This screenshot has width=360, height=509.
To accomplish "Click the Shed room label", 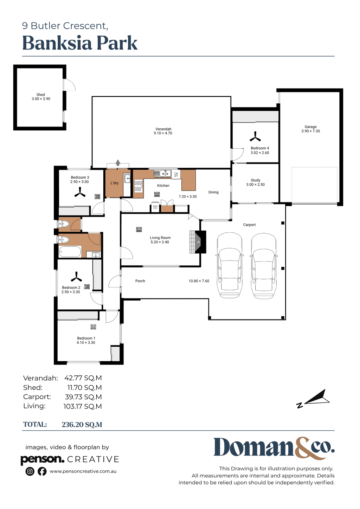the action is pyautogui.click(x=41, y=95).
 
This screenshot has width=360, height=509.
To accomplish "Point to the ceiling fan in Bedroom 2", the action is pyautogui.click(x=76, y=277).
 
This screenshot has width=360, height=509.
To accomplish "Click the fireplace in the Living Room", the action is pyautogui.click(x=198, y=242).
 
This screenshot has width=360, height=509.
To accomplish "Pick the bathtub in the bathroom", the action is pyautogui.click(x=70, y=252).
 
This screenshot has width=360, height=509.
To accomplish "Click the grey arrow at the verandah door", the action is pyautogui.click(x=118, y=163).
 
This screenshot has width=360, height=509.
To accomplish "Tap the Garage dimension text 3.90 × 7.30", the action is pyautogui.click(x=311, y=131).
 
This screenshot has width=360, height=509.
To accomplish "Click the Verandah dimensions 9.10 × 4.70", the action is pyautogui.click(x=163, y=133).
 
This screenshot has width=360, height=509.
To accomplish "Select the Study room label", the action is pyautogui.click(x=256, y=180).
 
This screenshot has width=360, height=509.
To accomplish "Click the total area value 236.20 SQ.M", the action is pyautogui.click(x=82, y=425).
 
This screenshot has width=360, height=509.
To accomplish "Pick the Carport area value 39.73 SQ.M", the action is pyautogui.click(x=83, y=397).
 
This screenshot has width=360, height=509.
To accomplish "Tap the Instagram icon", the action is pyautogui.click(x=30, y=471).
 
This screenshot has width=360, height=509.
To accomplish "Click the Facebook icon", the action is pyautogui.click(x=42, y=471).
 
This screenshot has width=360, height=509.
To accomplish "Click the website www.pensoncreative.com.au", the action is pyautogui.click(x=83, y=471).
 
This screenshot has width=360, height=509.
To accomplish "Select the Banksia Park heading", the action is pyautogui.click(x=80, y=43).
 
